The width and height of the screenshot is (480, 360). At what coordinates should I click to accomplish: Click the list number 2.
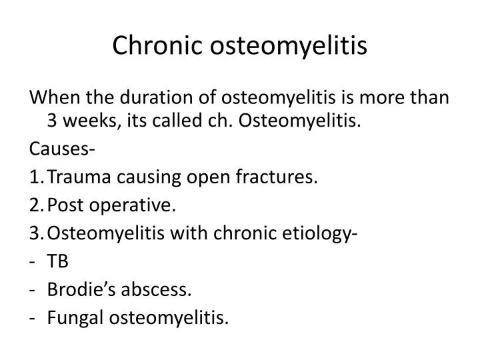click(x=36, y=205)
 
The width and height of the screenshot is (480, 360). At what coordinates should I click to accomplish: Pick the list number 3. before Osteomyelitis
click(x=36, y=233)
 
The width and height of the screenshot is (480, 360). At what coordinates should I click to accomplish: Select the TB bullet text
click(x=57, y=262)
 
